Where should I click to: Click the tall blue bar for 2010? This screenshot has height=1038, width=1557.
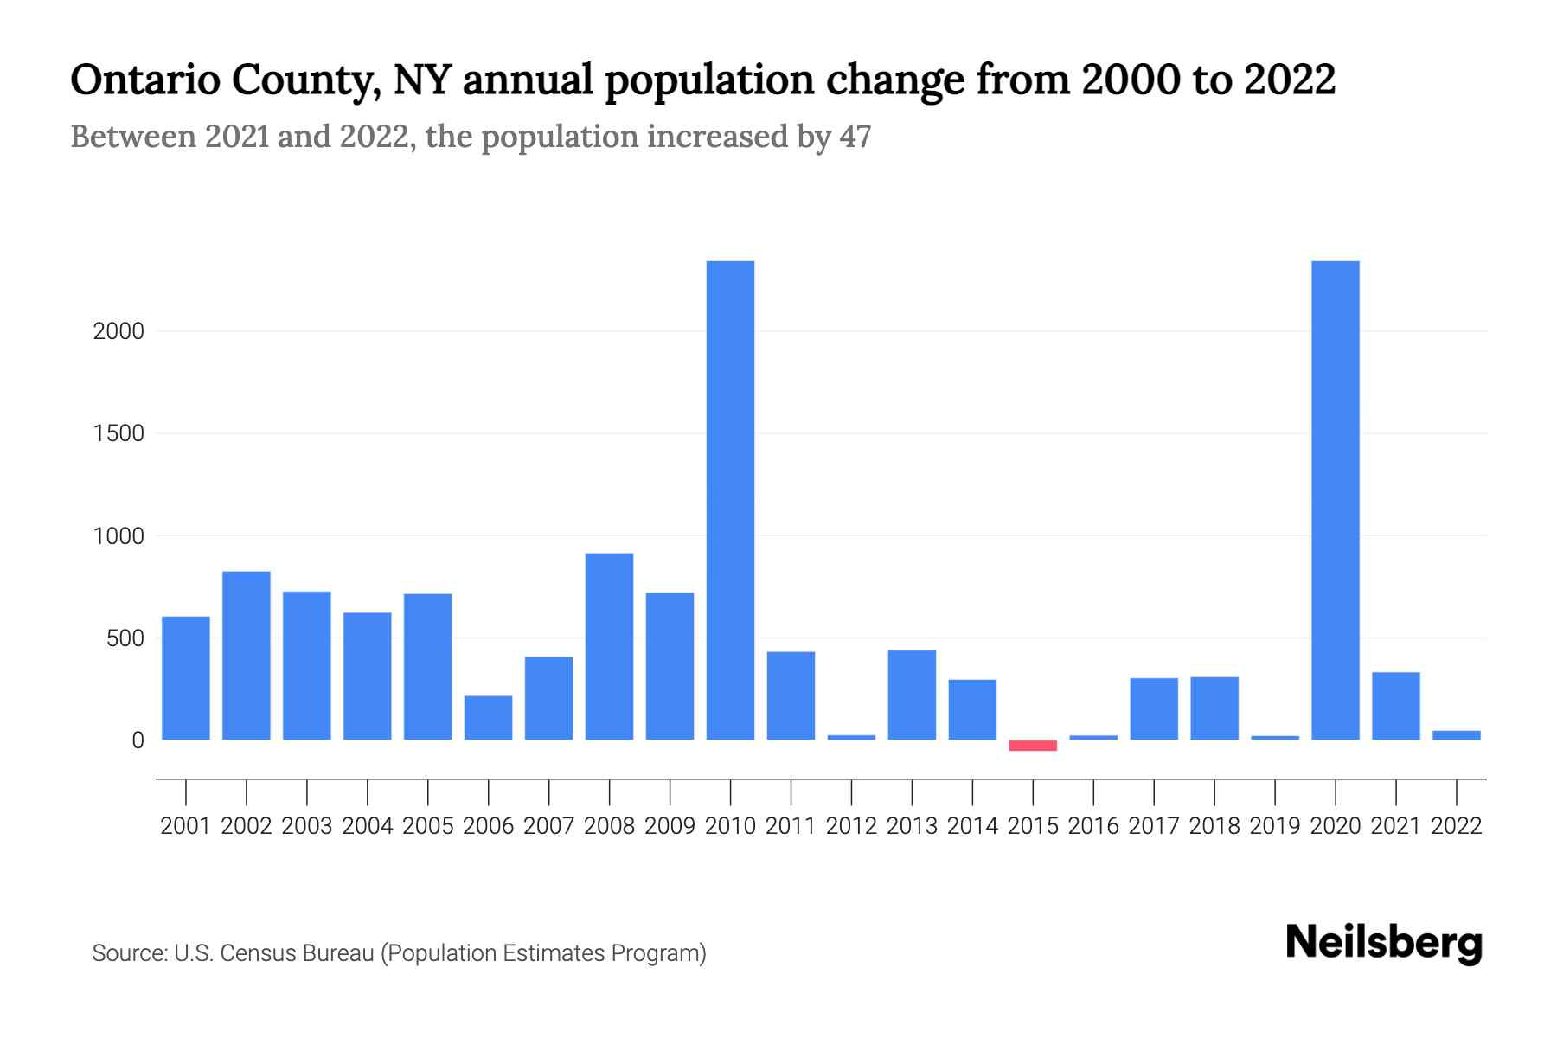730,500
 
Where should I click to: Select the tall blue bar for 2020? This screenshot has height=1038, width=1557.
1335,500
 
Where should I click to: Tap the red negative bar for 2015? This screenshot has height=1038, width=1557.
1033,746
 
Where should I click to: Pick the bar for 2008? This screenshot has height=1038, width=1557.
609,646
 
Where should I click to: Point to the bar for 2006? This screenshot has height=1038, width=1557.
488,718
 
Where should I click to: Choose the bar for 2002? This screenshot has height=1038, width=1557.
247,656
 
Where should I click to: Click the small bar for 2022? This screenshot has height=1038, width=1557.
1456,735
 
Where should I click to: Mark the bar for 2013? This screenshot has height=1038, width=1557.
912,695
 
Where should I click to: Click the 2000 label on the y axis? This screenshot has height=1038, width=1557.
119,331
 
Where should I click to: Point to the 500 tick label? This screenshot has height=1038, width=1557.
125,639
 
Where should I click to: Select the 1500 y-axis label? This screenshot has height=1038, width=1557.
119,433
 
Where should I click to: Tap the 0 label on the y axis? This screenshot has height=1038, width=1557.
138,740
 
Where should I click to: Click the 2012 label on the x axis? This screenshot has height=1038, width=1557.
851,826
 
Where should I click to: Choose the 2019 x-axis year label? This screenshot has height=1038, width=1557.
1275,826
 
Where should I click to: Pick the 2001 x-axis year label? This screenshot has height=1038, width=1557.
186,826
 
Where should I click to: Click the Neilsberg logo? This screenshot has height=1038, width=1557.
1384,943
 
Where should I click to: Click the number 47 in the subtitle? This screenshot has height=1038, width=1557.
855,137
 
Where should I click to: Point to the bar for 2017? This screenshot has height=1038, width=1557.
1154,708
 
